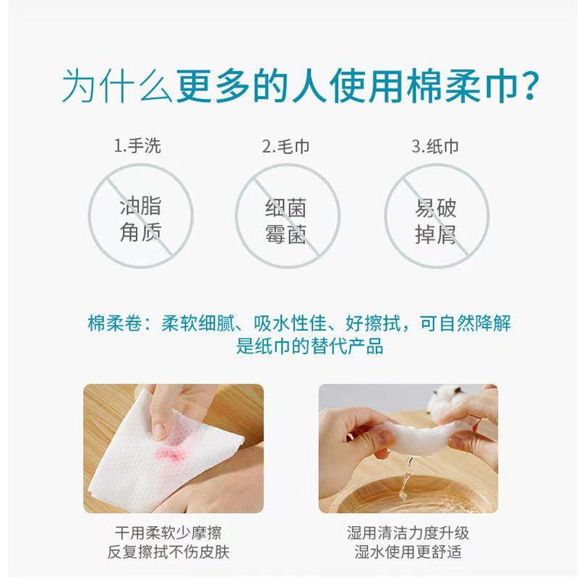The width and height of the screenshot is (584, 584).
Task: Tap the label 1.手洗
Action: pyautogui.click(x=137, y=145)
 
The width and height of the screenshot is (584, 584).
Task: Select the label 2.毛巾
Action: pyautogui.click(x=285, y=147)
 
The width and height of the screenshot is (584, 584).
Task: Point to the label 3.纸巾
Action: pyautogui.click(x=435, y=147)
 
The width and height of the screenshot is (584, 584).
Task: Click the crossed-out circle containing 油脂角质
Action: pyautogui.click(x=89, y=216)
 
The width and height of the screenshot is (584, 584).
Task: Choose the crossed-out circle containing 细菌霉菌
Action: pyautogui.click(x=236, y=216)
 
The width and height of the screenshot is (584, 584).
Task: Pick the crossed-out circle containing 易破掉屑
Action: pyautogui.click(x=385, y=216)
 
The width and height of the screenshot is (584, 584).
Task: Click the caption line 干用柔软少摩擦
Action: pyautogui.click(x=168, y=533)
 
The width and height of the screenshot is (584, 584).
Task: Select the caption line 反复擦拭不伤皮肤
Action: pyautogui.click(x=168, y=552)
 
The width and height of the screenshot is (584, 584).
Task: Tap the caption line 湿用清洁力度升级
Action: pyautogui.click(x=408, y=533)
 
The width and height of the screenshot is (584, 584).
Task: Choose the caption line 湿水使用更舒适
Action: pyautogui.click(x=408, y=552)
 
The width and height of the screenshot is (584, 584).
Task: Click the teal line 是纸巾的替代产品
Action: pyautogui.click(x=309, y=346)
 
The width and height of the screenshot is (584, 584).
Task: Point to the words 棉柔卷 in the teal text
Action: pyautogui.click(x=115, y=323)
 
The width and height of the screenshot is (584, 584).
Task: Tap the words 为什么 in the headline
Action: pyautogui.click(x=117, y=87)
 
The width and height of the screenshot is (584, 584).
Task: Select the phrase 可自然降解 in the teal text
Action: pyautogui.click(x=465, y=323)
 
